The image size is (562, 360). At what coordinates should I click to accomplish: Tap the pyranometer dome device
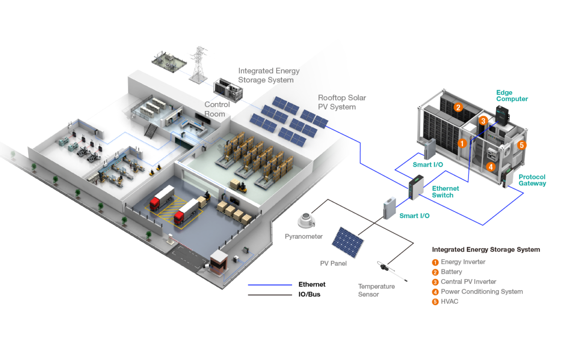tap(307, 220)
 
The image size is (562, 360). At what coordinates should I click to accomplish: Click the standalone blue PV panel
tap(348, 243)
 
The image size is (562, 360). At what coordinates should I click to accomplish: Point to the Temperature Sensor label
tap(376, 290)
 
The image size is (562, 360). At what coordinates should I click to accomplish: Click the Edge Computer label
tap(512, 95)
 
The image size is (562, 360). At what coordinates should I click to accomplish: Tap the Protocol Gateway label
tap(532, 180)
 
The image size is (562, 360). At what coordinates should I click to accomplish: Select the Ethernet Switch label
tap(443, 192)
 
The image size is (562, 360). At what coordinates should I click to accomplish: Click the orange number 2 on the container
tap(458, 108)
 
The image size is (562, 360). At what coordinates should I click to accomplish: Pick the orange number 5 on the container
tap(522, 144)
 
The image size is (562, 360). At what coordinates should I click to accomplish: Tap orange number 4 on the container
tap(490, 167)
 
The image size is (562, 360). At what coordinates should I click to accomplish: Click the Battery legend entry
tap(451, 272)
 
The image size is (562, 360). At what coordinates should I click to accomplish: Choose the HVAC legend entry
tap(449, 301)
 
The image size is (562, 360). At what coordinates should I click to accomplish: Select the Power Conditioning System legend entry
tap(482, 292)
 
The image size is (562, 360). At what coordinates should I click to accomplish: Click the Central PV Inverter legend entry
tap(468, 282)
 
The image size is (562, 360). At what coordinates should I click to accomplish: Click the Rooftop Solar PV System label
tap(342, 102)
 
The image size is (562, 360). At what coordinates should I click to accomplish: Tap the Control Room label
tap(215, 109)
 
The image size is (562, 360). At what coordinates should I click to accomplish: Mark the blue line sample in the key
tap(270, 285)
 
